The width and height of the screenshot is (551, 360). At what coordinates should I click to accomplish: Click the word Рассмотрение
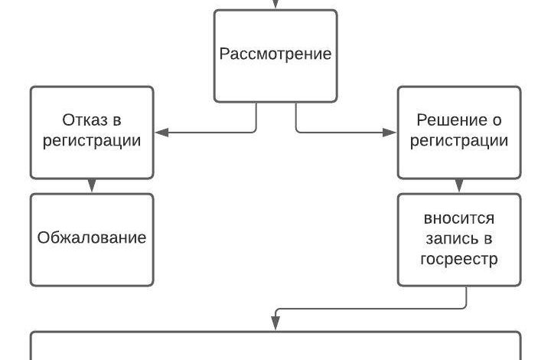[x=275, y=54]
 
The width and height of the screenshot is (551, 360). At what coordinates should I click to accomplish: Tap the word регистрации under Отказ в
[x=92, y=141]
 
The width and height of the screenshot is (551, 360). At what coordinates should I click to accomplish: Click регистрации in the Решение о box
[x=459, y=141]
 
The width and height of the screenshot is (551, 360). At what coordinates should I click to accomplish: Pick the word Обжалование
[x=92, y=237]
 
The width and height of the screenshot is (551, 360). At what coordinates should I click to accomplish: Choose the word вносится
[x=459, y=219]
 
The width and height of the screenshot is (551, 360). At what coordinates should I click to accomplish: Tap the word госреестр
[x=459, y=259]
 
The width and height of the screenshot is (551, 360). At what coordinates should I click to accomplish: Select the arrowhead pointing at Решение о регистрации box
[x=392, y=133]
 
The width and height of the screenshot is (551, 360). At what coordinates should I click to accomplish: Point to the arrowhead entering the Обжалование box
[x=92, y=187]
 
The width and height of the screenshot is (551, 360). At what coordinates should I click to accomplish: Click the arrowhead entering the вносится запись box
[x=459, y=187]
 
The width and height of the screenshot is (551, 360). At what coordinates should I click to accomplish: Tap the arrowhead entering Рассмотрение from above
[x=275, y=5]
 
